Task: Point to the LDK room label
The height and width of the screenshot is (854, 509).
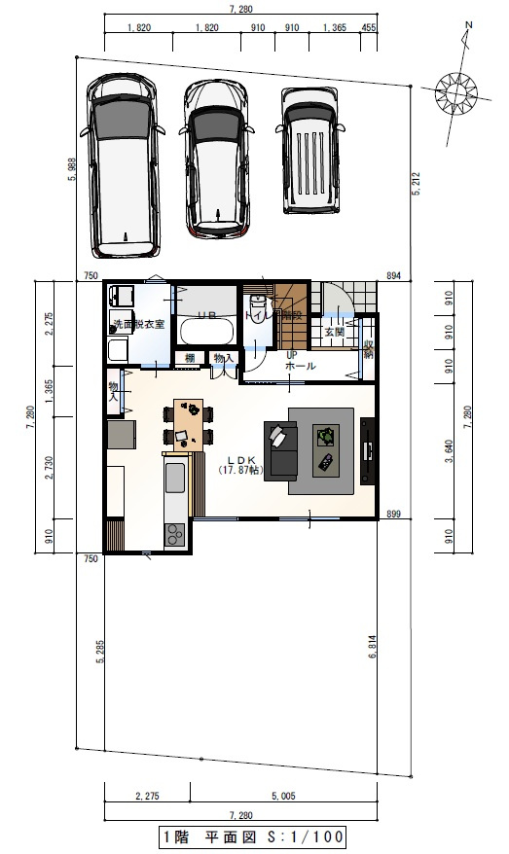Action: [x=240, y=460]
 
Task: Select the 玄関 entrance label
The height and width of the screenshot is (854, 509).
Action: [x=334, y=332]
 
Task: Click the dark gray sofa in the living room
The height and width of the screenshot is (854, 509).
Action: [x=283, y=449]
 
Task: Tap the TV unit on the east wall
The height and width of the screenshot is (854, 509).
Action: [x=368, y=450]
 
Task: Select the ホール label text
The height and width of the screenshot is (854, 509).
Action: [x=299, y=367]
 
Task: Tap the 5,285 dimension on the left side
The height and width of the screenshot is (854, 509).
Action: [x=99, y=667]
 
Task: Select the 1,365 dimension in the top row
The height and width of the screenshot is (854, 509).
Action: [x=331, y=29]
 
